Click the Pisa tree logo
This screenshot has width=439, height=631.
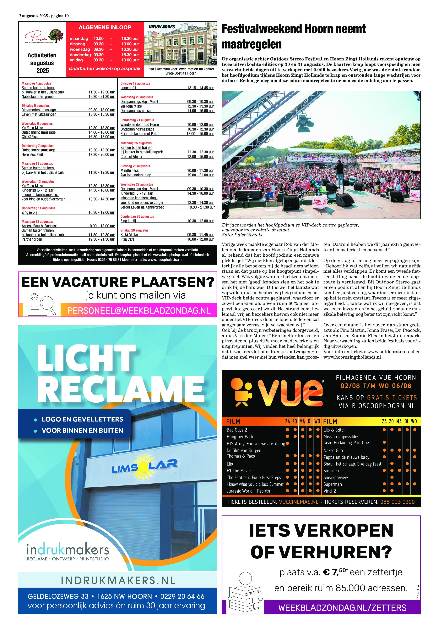pos(56,36)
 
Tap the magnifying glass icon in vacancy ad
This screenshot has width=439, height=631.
pos(47,304)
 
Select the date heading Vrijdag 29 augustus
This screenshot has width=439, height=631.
pos(134,230)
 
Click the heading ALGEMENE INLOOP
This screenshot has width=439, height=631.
pos(105,27)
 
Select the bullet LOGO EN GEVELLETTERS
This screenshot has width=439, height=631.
pos(82,419)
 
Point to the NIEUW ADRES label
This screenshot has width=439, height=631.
pos(162,27)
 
